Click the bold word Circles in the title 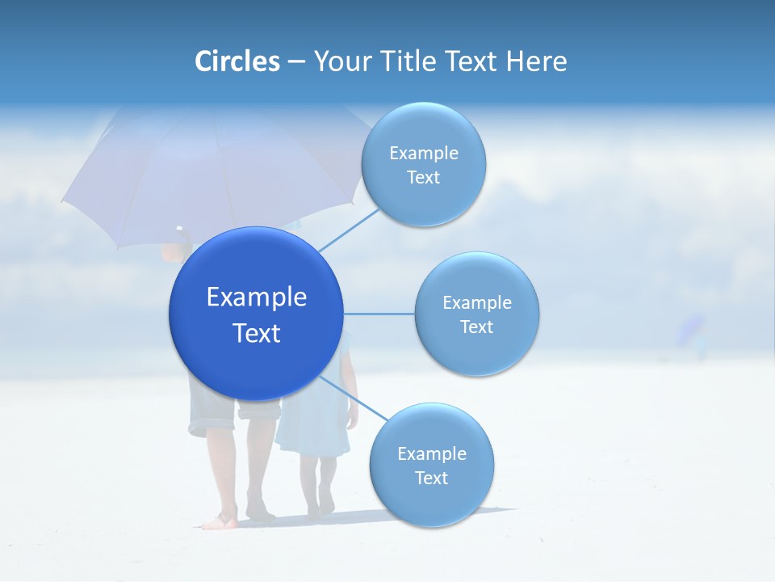click(x=237, y=61)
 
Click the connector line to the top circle click(x=349, y=229)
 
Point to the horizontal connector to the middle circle click(x=379, y=314)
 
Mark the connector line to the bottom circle click(x=353, y=397)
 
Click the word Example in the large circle click(x=257, y=297)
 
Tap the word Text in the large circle click(x=257, y=333)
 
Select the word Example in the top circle click(x=424, y=153)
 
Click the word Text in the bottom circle click(x=431, y=478)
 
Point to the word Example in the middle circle click(x=477, y=302)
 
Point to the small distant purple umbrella click(x=691, y=327)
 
